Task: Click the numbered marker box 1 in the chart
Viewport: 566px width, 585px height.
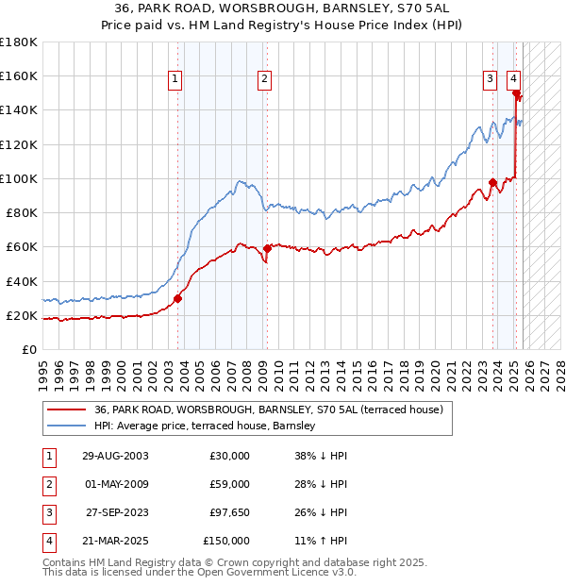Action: click(x=176, y=79)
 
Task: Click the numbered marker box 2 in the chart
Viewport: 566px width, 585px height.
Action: click(x=265, y=79)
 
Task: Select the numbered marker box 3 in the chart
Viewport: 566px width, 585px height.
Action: click(x=491, y=79)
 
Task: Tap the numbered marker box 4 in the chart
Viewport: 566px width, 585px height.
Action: click(x=513, y=79)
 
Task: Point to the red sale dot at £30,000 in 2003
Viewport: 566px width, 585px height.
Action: click(x=177, y=298)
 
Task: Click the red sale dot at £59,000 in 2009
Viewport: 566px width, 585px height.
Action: click(x=267, y=248)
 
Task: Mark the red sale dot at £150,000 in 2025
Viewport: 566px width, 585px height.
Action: click(x=516, y=93)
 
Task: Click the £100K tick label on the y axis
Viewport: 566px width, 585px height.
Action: click(x=19, y=178)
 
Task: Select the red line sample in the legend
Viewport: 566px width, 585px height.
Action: click(x=68, y=409)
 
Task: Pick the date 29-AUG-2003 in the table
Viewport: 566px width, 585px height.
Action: click(x=115, y=456)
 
